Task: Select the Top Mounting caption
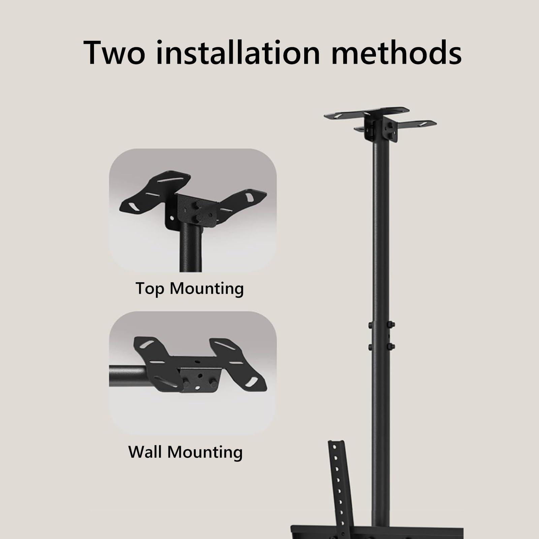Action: coord(190,289)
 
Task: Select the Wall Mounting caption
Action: coord(185,452)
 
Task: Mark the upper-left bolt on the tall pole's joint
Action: coord(370,325)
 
